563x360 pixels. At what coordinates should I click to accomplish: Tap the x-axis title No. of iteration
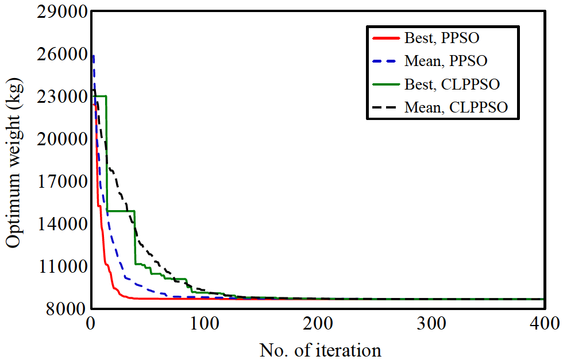point(321,349)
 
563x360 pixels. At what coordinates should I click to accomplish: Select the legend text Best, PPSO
point(442,39)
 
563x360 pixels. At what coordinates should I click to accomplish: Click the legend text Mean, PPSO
point(446,61)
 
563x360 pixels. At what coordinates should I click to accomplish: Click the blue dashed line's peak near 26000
point(93,56)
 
